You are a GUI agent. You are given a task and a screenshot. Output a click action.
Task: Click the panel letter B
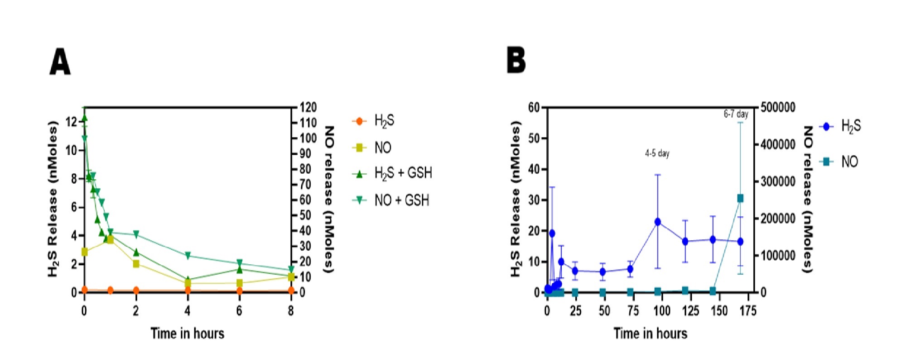(516, 61)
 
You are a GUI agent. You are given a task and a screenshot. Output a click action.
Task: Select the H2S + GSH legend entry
(403, 173)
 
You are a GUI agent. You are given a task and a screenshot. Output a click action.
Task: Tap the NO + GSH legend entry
(401, 200)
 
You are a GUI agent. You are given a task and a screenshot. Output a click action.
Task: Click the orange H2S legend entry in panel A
(384, 121)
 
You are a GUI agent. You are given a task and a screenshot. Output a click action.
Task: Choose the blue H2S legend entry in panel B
(850, 127)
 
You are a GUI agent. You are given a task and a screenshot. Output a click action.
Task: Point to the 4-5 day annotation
(657, 153)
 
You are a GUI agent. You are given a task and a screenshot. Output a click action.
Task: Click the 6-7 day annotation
(736, 114)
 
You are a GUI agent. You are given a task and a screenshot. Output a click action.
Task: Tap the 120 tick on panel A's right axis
(308, 108)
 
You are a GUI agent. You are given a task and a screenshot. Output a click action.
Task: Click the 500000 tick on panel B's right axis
(778, 108)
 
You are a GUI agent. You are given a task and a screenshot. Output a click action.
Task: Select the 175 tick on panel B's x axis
(747, 311)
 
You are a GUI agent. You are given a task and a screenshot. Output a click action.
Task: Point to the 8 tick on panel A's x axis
(291, 311)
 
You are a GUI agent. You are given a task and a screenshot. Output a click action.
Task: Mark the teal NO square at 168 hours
(740, 198)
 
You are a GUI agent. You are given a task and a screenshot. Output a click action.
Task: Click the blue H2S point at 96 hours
(657, 222)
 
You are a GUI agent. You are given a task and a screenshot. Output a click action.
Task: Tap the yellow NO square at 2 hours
(136, 263)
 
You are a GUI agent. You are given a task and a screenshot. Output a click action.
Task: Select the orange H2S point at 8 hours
(291, 291)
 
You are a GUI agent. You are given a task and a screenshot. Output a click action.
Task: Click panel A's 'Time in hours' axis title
(187, 333)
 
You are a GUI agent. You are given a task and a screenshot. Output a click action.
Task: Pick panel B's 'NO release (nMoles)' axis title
(808, 199)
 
